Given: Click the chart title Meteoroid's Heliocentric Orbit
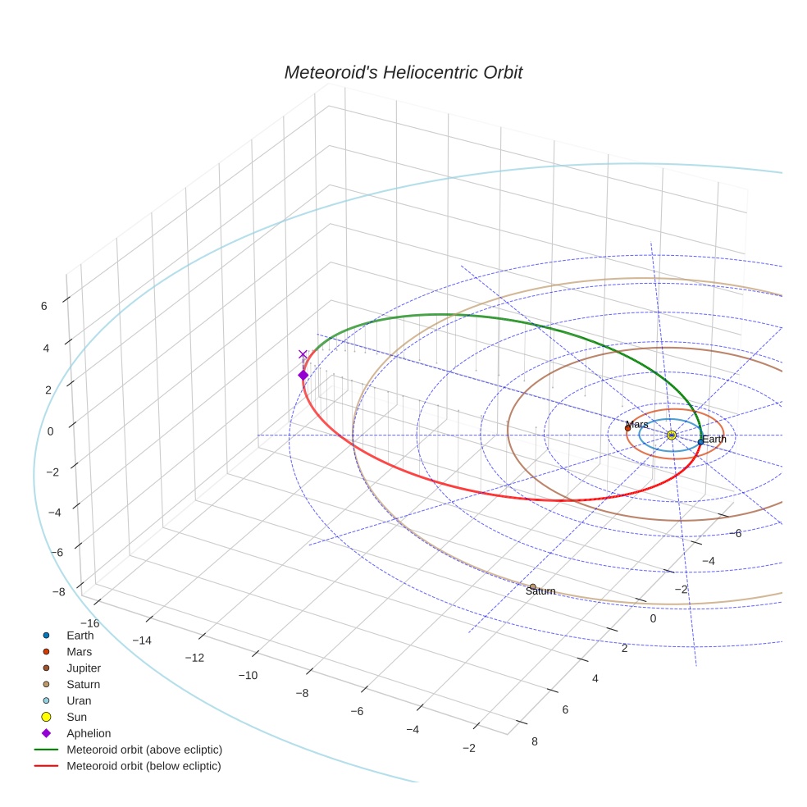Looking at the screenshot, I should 403,73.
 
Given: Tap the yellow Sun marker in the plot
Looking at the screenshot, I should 671,435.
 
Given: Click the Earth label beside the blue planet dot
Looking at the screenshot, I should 714,440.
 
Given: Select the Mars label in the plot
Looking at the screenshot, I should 636,425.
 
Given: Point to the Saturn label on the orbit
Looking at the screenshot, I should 540,591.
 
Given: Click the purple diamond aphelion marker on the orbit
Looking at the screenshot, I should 303,375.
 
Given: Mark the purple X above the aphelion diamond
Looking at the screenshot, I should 303,354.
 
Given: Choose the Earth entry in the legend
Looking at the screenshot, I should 80,636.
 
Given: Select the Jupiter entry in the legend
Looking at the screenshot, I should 84,668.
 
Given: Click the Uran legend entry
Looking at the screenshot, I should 79,701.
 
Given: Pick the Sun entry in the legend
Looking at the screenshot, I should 76,718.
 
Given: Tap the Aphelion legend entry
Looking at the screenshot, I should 88,733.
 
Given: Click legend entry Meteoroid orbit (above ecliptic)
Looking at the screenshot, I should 144,750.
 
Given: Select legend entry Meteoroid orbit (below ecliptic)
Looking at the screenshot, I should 144,766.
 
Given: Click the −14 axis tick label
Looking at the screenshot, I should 141,640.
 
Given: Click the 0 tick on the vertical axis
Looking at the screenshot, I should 50,431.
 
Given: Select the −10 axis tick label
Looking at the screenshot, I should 248,675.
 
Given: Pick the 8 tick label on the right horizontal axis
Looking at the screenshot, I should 536,741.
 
